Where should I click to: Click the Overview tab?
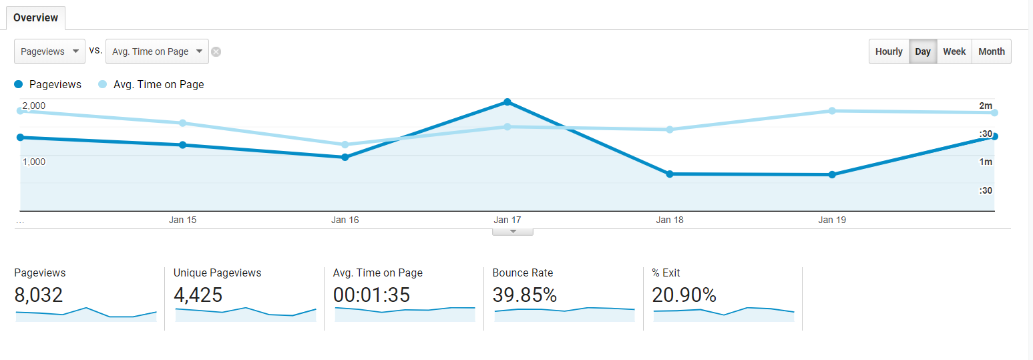tap(35, 18)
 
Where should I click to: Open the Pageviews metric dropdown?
tap(49, 51)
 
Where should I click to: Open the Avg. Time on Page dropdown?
tap(157, 51)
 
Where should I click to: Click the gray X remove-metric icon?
tap(216, 52)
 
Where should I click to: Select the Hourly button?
tap(889, 51)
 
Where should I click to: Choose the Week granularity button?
tap(954, 51)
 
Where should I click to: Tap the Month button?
tap(992, 51)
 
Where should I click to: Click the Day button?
tap(923, 51)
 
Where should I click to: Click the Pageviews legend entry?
tap(48, 85)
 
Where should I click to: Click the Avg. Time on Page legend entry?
tap(152, 85)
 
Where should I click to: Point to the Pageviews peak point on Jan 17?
tap(507, 102)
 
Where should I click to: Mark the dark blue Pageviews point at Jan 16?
tap(345, 157)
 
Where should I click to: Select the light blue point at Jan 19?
tap(832, 111)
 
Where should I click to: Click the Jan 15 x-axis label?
tap(183, 220)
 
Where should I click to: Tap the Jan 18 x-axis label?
tap(670, 220)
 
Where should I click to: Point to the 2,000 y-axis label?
tap(34, 106)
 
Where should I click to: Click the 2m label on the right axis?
tap(986, 106)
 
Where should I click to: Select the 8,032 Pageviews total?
tap(39, 295)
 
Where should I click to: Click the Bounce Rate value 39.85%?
tap(525, 295)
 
